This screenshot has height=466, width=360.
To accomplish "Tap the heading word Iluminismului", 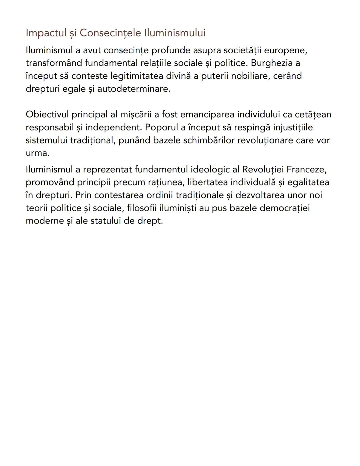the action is pos(175,33).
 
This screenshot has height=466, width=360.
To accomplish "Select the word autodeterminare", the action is pos(133,89).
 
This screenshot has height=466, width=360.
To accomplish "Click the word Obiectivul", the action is pos(47,114).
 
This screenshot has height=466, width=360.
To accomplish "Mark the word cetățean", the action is pos(313,114).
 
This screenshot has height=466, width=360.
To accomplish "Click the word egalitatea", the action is pos(308,182).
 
